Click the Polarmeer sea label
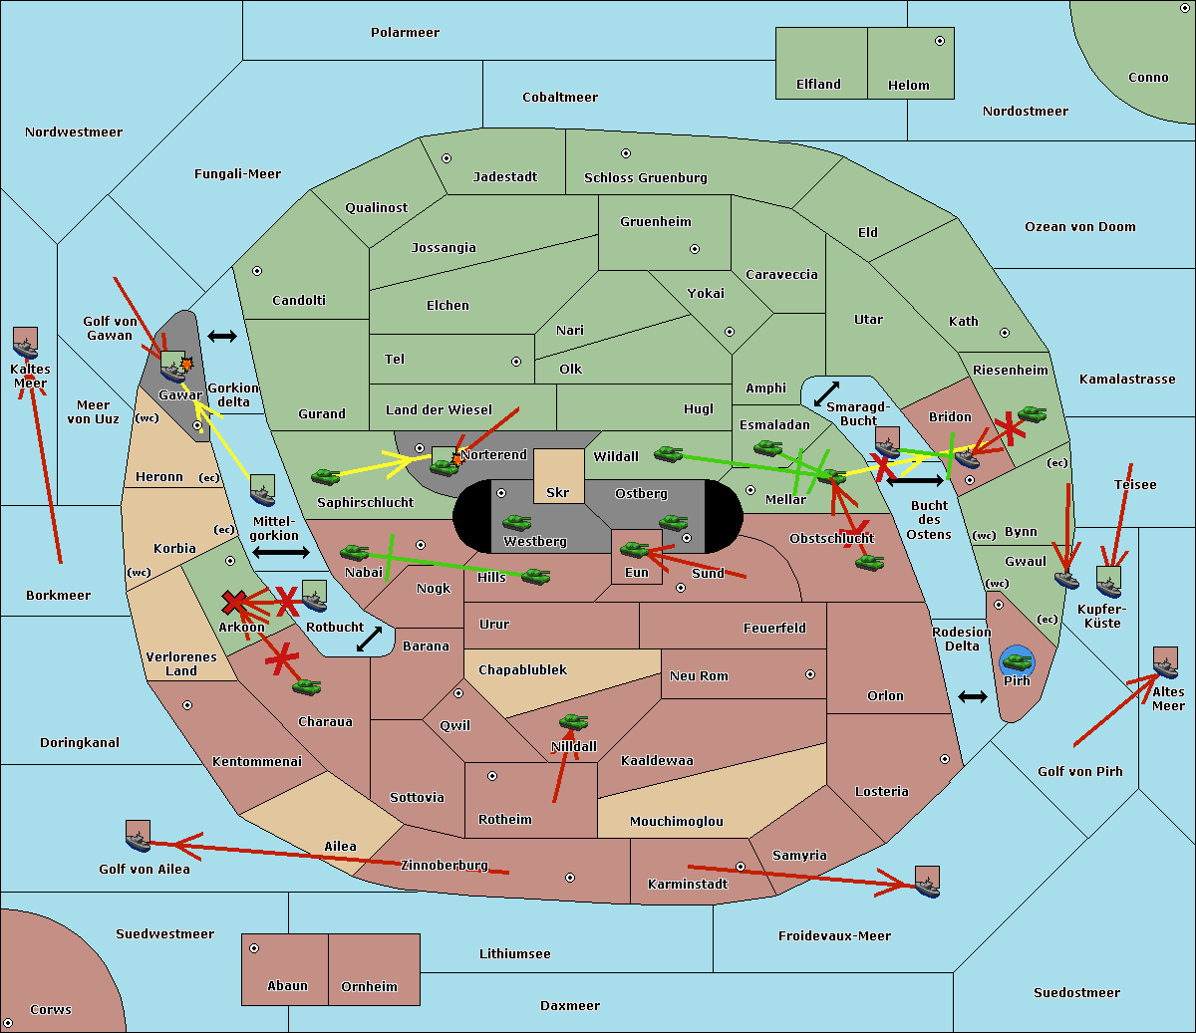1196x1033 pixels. click(x=405, y=33)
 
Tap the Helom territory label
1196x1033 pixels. click(x=908, y=85)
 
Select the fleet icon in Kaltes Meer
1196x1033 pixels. click(x=26, y=343)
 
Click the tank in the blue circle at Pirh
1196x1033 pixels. click(x=1017, y=661)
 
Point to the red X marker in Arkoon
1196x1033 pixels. click(x=234, y=602)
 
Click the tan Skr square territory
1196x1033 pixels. click(x=558, y=476)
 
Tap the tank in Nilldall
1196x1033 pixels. click(x=573, y=722)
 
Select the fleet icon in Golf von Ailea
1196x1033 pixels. click(x=139, y=836)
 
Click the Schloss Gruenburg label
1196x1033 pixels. click(x=646, y=177)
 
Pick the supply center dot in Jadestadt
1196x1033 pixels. click(x=447, y=158)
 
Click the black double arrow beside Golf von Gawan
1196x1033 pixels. click(x=222, y=336)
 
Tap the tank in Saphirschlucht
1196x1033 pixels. click(x=325, y=476)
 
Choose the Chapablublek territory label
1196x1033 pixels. click(x=522, y=669)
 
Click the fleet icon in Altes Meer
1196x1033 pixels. click(x=1165, y=662)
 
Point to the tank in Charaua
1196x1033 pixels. click(x=306, y=686)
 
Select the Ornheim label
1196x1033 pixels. click(x=369, y=986)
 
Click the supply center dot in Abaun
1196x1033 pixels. click(x=254, y=948)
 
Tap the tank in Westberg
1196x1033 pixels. click(x=516, y=523)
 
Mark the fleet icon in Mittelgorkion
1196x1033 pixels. click(x=263, y=490)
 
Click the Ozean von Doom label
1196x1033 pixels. click(x=1080, y=227)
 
